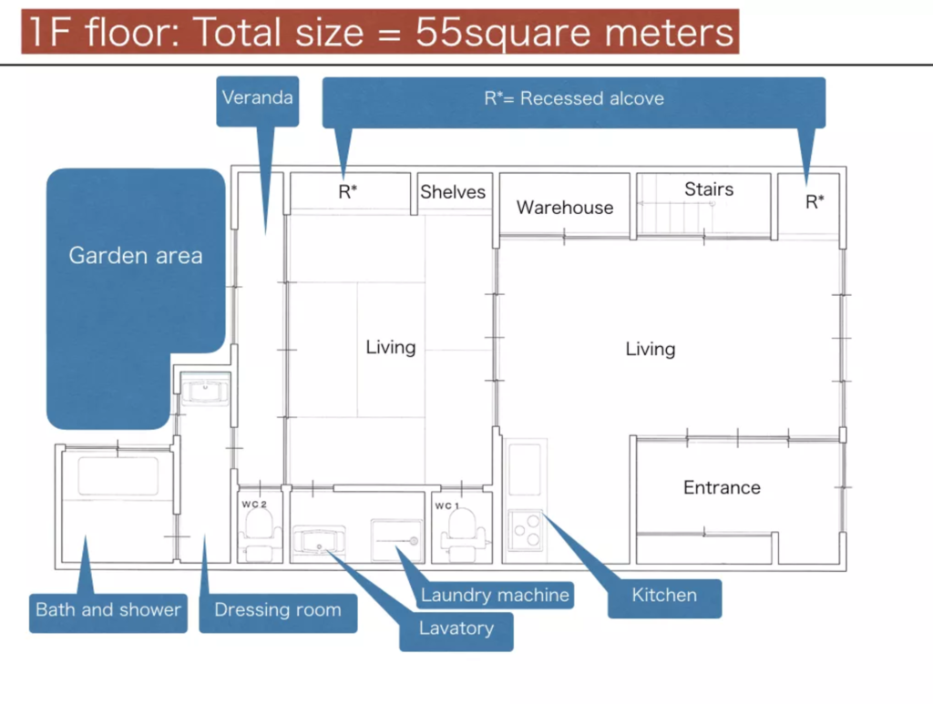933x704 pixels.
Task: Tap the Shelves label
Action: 453,191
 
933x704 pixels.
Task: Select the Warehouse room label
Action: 565,208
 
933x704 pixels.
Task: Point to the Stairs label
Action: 709,189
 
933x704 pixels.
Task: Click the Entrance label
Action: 722,487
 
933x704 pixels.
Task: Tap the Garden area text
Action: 136,256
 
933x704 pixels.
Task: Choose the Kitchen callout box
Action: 664,598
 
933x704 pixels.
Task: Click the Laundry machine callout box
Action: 495,596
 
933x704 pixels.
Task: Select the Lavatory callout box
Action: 456,631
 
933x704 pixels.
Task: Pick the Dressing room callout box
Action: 278,613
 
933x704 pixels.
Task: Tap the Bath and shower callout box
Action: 108,613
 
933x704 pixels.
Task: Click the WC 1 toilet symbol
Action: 462,535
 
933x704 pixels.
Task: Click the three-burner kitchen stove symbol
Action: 525,530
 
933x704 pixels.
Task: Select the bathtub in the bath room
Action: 118,475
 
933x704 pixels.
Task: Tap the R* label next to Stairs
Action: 815,201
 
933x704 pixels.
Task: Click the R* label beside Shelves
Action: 347,191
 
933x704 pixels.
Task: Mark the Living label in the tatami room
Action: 390,347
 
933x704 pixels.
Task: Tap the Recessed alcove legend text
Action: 574,98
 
